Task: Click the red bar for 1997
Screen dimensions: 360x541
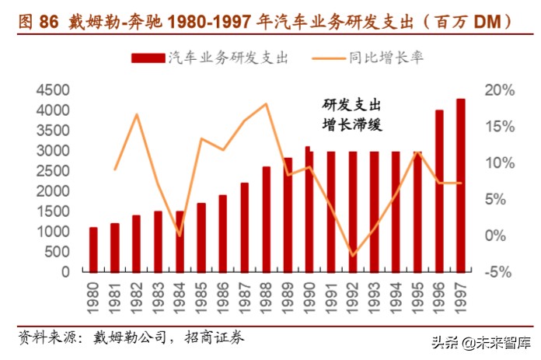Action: [460, 186]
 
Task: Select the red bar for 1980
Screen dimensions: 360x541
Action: [93, 250]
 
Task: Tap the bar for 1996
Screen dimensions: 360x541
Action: [439, 191]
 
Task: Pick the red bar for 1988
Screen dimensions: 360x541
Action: [267, 219]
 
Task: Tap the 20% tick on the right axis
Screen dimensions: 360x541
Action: [497, 90]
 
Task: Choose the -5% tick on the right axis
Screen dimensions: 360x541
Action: [497, 272]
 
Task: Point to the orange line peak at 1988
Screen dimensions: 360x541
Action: [267, 103]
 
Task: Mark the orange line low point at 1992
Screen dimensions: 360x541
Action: [353, 256]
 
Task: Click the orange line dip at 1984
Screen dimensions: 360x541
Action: [180, 235]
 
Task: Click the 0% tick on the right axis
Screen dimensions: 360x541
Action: [497, 236]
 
